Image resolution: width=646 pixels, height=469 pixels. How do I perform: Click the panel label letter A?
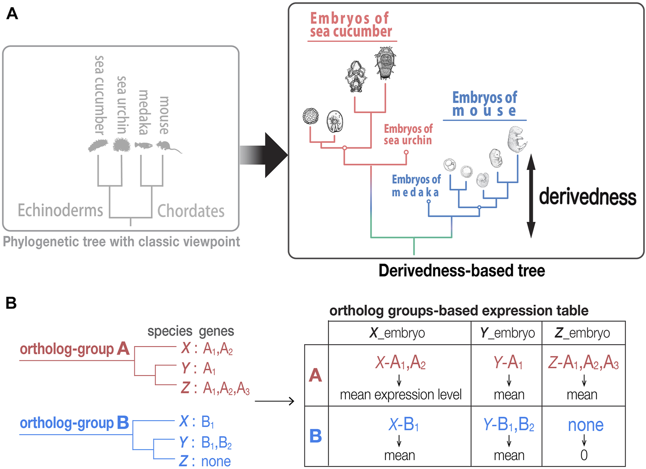pos(12,14)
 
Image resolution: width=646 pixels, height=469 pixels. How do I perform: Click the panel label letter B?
pos(11,303)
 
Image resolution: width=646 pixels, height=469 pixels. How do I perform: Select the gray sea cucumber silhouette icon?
pos(98,146)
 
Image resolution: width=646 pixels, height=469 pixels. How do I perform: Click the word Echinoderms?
pos(60,211)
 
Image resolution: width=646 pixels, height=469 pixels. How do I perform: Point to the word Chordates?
pos(191,211)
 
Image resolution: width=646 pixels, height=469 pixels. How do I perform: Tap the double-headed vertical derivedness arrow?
pos(531,196)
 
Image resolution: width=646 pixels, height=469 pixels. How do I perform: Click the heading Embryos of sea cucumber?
pos(350,25)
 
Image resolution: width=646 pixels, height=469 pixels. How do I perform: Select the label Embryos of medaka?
pos(416,186)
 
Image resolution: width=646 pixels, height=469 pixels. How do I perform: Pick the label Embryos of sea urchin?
pos(408,134)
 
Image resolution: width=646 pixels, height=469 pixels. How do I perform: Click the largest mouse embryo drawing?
pos(516,139)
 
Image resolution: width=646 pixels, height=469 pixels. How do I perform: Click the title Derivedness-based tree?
pos(461,271)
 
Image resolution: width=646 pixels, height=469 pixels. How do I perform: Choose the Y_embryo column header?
pos(507,333)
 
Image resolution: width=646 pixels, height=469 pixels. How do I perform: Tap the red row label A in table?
pos(316,375)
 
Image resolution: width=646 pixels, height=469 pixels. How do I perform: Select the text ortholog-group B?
pos(74,423)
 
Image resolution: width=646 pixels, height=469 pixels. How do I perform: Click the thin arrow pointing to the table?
pos(274,401)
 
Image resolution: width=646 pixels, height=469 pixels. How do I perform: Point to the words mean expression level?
pos(401,395)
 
